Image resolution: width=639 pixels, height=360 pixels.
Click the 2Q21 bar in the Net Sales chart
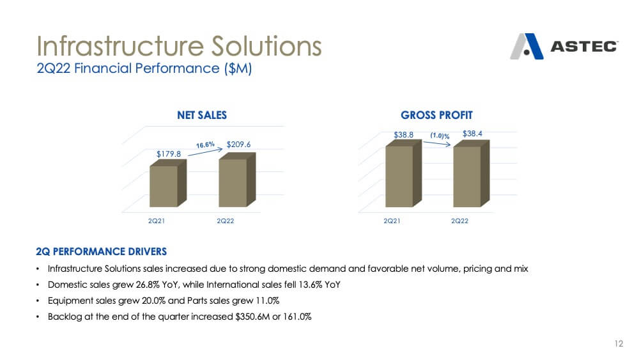[x=168, y=183]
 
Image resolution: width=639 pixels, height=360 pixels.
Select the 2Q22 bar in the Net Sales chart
[x=237, y=180]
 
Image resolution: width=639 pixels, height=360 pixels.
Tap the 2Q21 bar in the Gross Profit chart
[x=403, y=173]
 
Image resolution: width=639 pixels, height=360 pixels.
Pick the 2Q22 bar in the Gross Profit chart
[x=471, y=174]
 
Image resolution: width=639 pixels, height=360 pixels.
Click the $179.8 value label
[x=169, y=154]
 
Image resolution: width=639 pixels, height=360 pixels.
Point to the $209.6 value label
[x=238, y=145]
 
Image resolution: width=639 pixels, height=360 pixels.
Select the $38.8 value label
[x=403, y=134]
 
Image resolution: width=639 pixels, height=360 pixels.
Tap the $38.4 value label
[x=472, y=134]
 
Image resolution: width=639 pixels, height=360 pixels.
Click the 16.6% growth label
[x=205, y=145]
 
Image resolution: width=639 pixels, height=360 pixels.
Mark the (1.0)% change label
[x=440, y=136]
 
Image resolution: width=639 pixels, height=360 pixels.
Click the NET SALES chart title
[x=202, y=115]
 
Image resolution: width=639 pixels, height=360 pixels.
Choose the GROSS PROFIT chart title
[x=436, y=115]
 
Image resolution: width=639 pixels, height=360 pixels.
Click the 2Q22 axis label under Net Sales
[x=226, y=221]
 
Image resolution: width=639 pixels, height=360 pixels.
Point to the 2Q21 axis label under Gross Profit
[x=392, y=221]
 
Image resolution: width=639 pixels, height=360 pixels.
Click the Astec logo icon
[x=527, y=47]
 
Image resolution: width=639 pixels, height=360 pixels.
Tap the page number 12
[x=619, y=343]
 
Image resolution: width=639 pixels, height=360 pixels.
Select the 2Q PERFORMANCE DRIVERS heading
[x=101, y=251]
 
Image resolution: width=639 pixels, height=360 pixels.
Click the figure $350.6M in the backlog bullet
[x=252, y=317]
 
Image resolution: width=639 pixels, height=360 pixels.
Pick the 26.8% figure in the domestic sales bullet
[x=148, y=285]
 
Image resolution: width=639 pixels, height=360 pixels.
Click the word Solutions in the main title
[x=266, y=46]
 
